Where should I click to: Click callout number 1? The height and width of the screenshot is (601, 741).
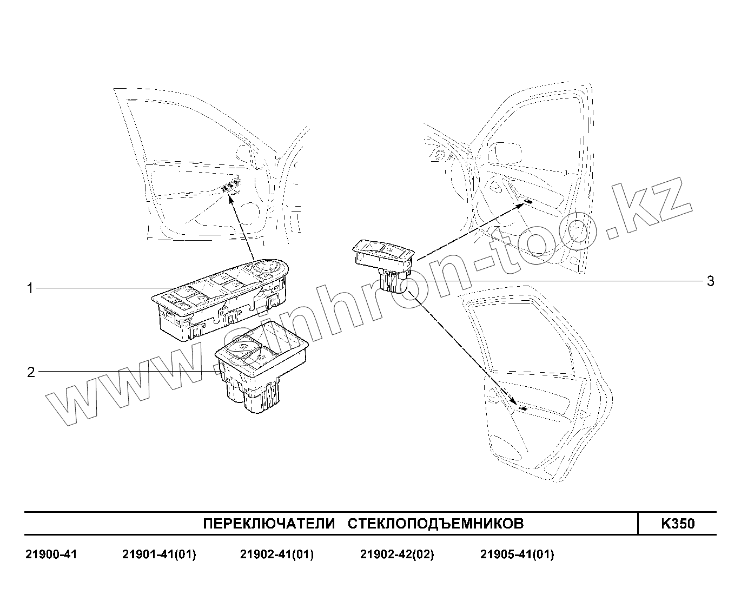pyautogui.click(x=30, y=288)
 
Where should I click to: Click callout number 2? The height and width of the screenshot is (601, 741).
pyautogui.click(x=31, y=372)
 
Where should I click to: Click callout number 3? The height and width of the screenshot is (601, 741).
pyautogui.click(x=710, y=281)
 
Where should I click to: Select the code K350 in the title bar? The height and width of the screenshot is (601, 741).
pyautogui.click(x=678, y=524)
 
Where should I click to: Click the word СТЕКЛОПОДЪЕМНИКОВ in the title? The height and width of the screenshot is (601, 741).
pyautogui.click(x=435, y=524)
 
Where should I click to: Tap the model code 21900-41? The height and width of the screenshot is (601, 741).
pyautogui.click(x=51, y=554)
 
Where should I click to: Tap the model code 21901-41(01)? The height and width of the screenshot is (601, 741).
pyautogui.click(x=159, y=554)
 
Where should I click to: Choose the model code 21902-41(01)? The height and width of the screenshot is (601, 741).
pyautogui.click(x=276, y=554)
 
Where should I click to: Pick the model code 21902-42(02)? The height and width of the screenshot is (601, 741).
pyautogui.click(x=397, y=554)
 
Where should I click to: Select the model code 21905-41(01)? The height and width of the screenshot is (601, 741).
pyautogui.click(x=517, y=554)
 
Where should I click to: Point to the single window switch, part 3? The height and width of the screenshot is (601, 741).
pyautogui.click(x=384, y=260)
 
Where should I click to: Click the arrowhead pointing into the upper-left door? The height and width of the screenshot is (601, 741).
pyautogui.click(x=230, y=200)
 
